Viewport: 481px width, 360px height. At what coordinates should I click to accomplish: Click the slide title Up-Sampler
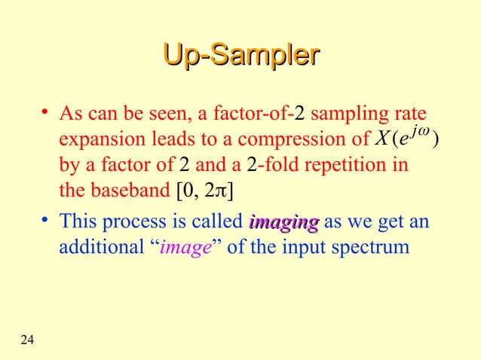point(240,57)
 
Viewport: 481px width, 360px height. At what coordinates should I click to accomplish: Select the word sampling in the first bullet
point(348,115)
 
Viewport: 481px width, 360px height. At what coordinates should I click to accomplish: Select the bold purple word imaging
point(283,223)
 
